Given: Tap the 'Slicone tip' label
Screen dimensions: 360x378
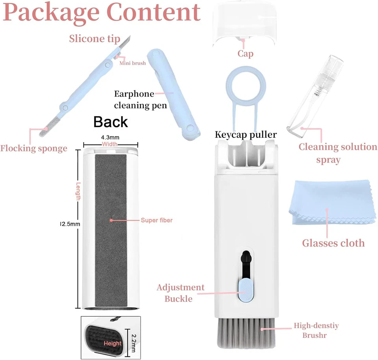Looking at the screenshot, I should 94,39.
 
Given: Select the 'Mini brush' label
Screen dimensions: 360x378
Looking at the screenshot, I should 133,63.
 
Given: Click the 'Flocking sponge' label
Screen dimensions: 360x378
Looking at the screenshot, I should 33,148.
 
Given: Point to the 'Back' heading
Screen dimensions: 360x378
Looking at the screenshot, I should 111,122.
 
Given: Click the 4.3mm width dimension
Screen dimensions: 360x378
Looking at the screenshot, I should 110,137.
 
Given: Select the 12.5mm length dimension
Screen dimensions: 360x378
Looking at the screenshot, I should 70,224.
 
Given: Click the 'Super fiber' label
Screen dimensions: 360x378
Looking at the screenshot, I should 156,220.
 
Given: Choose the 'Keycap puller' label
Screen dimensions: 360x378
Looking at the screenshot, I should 246,135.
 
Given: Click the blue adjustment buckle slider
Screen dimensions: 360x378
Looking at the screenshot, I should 245,291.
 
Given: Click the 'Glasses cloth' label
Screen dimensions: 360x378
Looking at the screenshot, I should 333,243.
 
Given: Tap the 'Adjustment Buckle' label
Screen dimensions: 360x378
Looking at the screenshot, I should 180,293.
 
